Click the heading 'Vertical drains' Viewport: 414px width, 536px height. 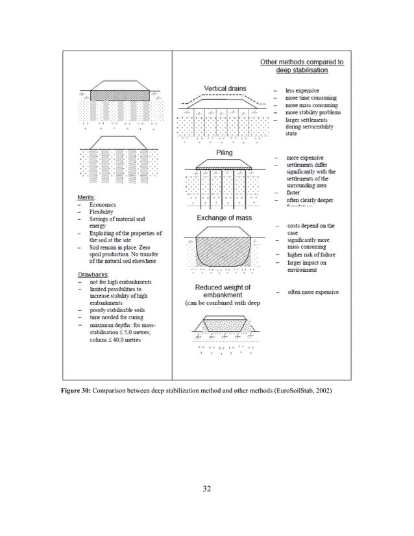225,88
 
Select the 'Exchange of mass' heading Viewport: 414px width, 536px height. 225,218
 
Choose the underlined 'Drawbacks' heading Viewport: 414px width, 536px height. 91,274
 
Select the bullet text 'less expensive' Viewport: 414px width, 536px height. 306,90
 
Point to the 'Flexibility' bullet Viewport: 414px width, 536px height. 101,212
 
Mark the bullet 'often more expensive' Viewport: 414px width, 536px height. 313,293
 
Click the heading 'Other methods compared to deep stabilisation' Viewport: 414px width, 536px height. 302,66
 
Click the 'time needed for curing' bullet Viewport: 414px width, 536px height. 116,319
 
